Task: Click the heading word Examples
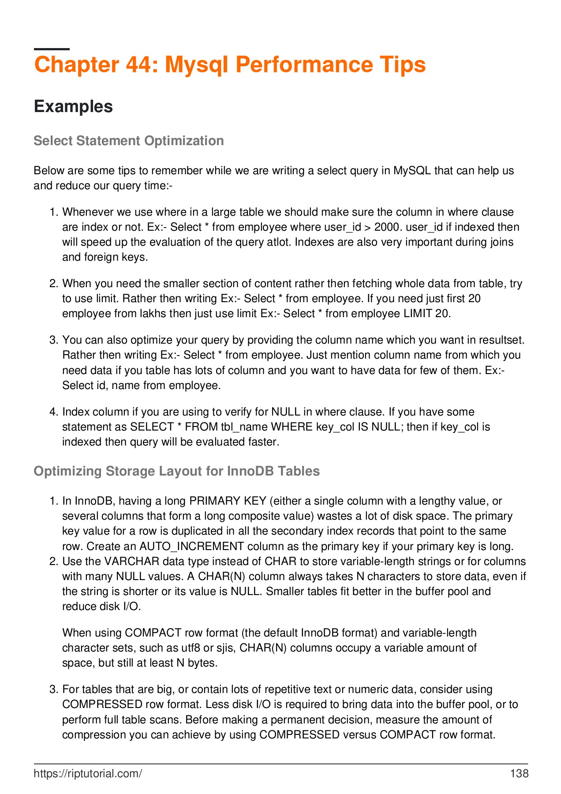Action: [x=73, y=107]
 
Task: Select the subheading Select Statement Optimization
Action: [x=128, y=141]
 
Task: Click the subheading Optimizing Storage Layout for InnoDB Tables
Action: [x=176, y=471]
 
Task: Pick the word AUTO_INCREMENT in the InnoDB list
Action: [x=192, y=547]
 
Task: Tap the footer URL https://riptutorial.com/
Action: [x=88, y=773]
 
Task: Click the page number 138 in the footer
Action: [x=519, y=773]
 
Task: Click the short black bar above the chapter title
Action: [x=52, y=49]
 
